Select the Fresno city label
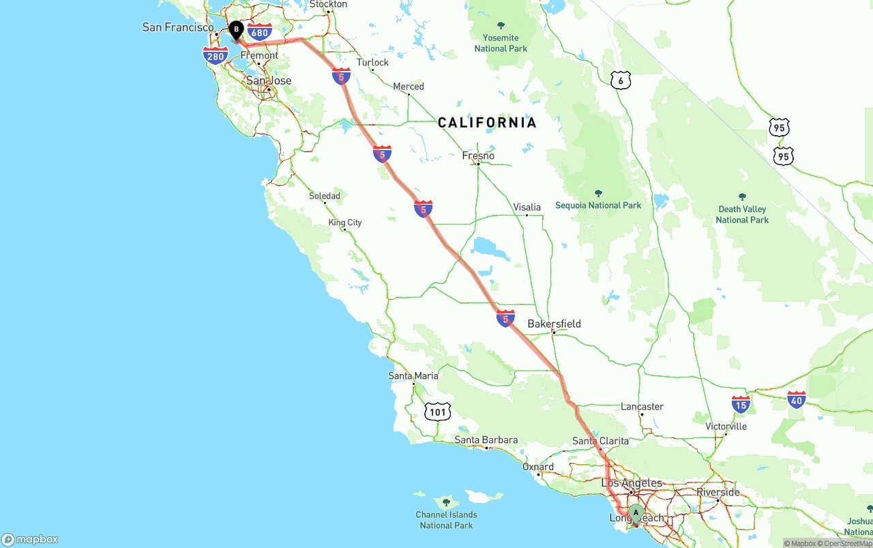coord(478,156)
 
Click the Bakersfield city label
coord(554,323)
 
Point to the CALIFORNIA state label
coord(487,123)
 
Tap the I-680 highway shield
coord(260,31)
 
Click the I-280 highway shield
coord(216,56)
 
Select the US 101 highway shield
coord(437,412)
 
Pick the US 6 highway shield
coord(620,80)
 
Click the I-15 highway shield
coord(741,404)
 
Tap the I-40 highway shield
coord(796,399)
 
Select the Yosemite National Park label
coord(501,43)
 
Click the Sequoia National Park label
coord(598,205)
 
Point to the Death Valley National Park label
coord(742,214)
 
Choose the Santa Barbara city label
coord(486,440)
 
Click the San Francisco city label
coord(178,27)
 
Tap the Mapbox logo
coord(30,539)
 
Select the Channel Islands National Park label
coord(447,520)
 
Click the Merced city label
coord(409,87)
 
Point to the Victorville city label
coord(726,427)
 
